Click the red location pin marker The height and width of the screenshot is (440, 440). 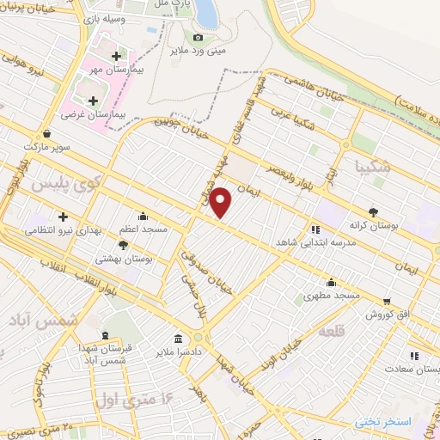tap(221, 202)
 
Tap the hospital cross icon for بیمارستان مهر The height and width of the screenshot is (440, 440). tap(115, 57)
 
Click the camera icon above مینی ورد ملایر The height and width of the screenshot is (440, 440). tap(199, 37)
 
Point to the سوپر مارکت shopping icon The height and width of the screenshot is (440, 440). tap(46, 134)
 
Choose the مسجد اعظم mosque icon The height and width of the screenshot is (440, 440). tap(143, 217)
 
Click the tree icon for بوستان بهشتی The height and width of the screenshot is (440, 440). tap(123, 245)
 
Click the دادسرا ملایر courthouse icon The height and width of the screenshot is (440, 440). tap(178, 338)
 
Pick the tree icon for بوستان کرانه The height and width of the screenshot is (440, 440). tap(372, 211)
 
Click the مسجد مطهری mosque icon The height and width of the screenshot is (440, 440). tap(332, 282)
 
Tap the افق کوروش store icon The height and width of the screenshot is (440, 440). tap(388, 302)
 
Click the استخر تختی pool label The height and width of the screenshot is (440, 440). tap(383, 421)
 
